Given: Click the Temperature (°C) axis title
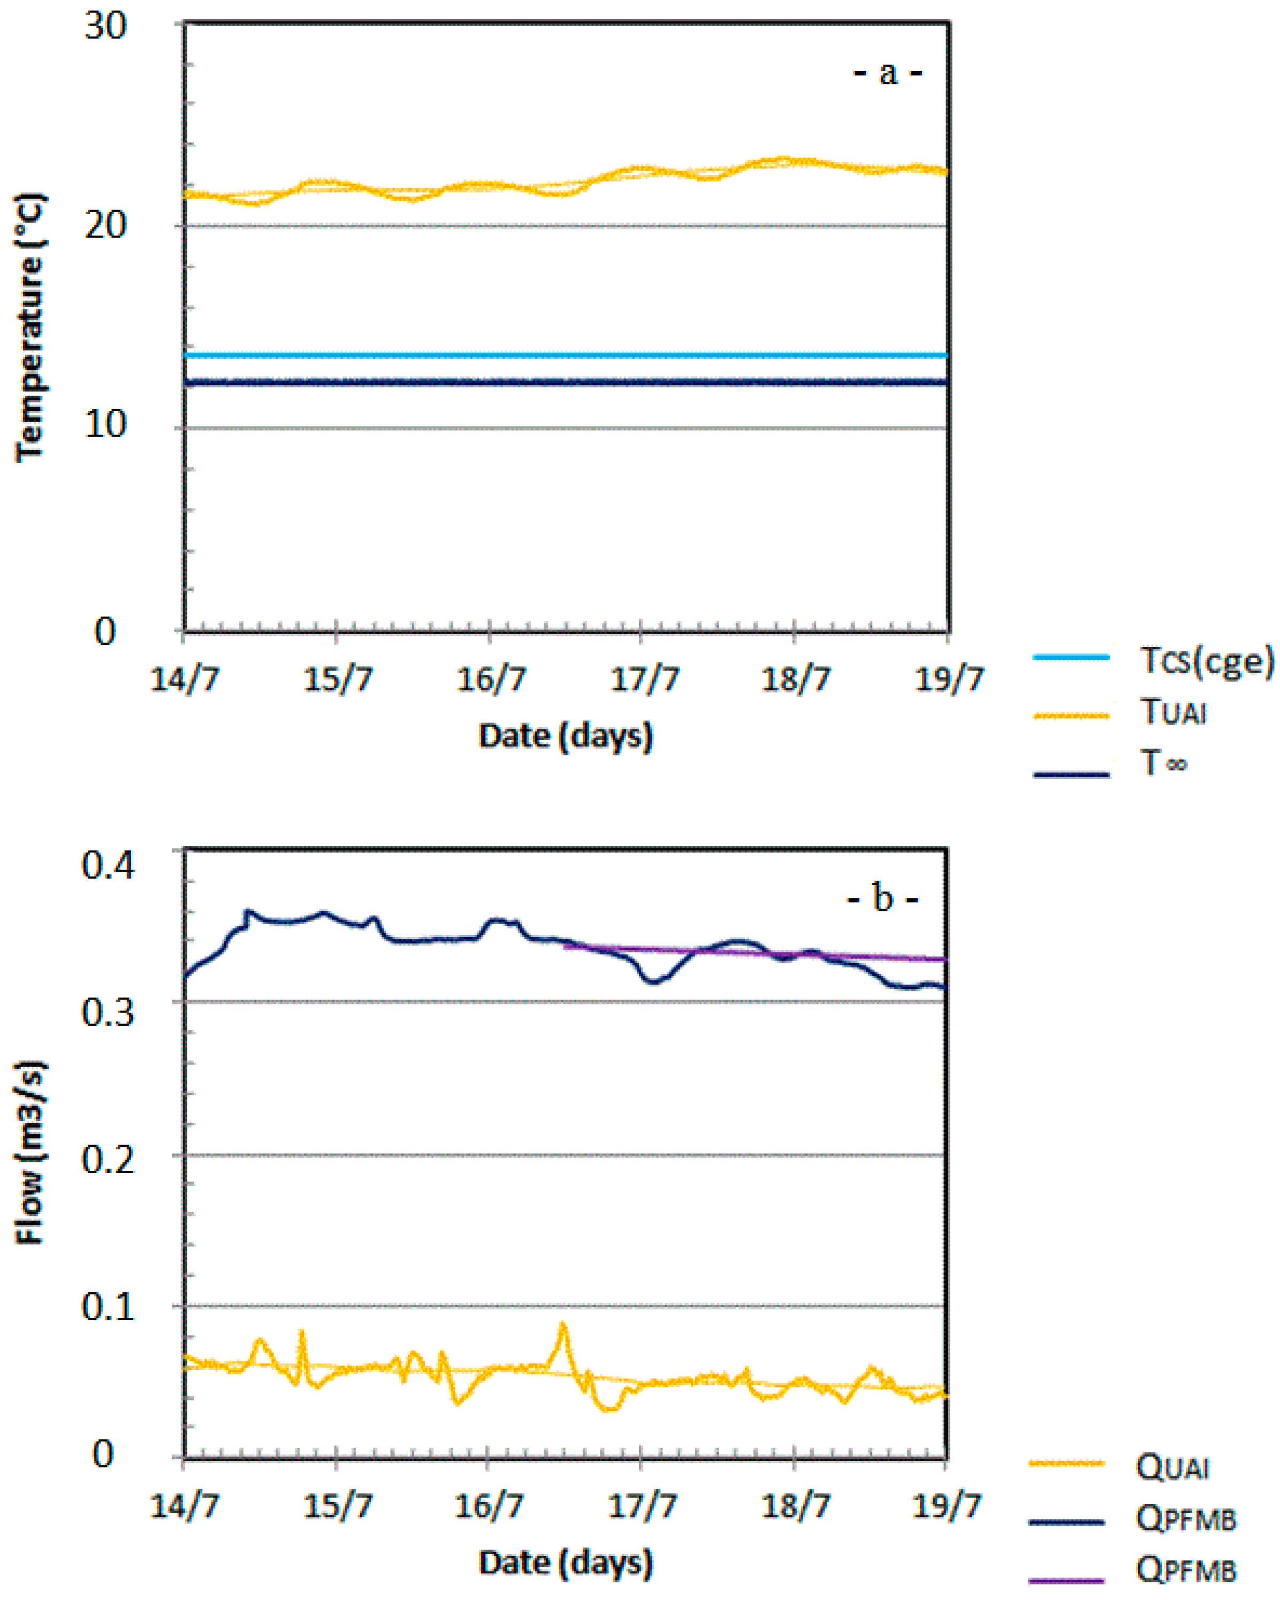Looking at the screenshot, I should coord(29,327).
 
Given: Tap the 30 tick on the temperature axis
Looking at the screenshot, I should coord(105,27).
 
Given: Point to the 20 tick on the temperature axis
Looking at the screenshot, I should coord(105,224).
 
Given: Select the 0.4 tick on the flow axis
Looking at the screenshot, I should coord(108,865).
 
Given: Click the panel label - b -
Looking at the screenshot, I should coord(882,898).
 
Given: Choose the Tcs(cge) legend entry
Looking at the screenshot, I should coord(1206,659).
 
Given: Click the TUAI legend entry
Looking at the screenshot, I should coord(1172,712).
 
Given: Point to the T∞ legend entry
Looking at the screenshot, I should coord(1163,764).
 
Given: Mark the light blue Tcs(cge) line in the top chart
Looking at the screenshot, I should coord(564,357).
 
